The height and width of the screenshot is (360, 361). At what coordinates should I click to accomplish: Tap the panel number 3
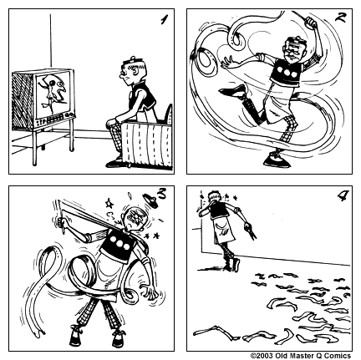click(161, 195)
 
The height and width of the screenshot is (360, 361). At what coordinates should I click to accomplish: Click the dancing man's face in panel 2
click(290, 53)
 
